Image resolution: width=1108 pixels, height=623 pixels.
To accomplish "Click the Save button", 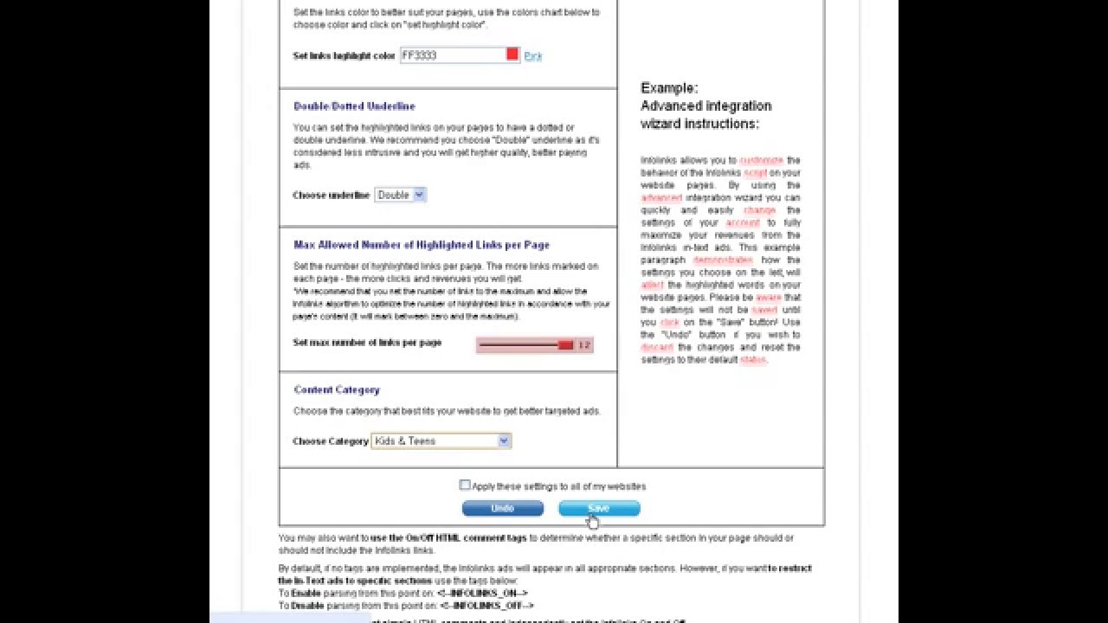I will [x=599, y=509].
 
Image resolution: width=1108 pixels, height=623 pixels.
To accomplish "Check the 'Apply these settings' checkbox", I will [x=465, y=485].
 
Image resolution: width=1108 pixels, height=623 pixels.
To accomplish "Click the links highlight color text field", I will [x=452, y=55].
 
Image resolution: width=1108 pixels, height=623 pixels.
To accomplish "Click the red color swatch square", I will [x=512, y=55].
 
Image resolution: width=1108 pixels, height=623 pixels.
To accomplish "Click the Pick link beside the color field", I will [x=533, y=56].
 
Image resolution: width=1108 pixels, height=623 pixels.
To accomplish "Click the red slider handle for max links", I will [x=565, y=345].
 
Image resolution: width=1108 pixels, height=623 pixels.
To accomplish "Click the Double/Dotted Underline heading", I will [x=354, y=106].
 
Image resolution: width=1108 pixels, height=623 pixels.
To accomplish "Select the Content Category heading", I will [x=337, y=390].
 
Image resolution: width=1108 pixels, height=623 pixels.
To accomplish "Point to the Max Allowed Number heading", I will [x=422, y=245].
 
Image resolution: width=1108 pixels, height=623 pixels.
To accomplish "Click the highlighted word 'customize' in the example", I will [x=761, y=160].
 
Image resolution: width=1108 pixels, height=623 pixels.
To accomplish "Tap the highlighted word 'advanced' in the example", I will [x=661, y=198].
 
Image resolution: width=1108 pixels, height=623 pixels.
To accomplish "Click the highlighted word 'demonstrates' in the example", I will [x=723, y=260].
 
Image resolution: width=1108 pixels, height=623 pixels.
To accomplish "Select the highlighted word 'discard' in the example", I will [x=656, y=348].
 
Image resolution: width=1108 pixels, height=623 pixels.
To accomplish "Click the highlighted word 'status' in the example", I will [x=752, y=360].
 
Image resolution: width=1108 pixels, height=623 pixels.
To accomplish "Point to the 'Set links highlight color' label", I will [x=344, y=56].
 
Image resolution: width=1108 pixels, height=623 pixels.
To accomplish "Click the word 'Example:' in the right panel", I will [x=668, y=88].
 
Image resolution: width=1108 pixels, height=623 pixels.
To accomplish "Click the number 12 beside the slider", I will [x=583, y=345].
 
